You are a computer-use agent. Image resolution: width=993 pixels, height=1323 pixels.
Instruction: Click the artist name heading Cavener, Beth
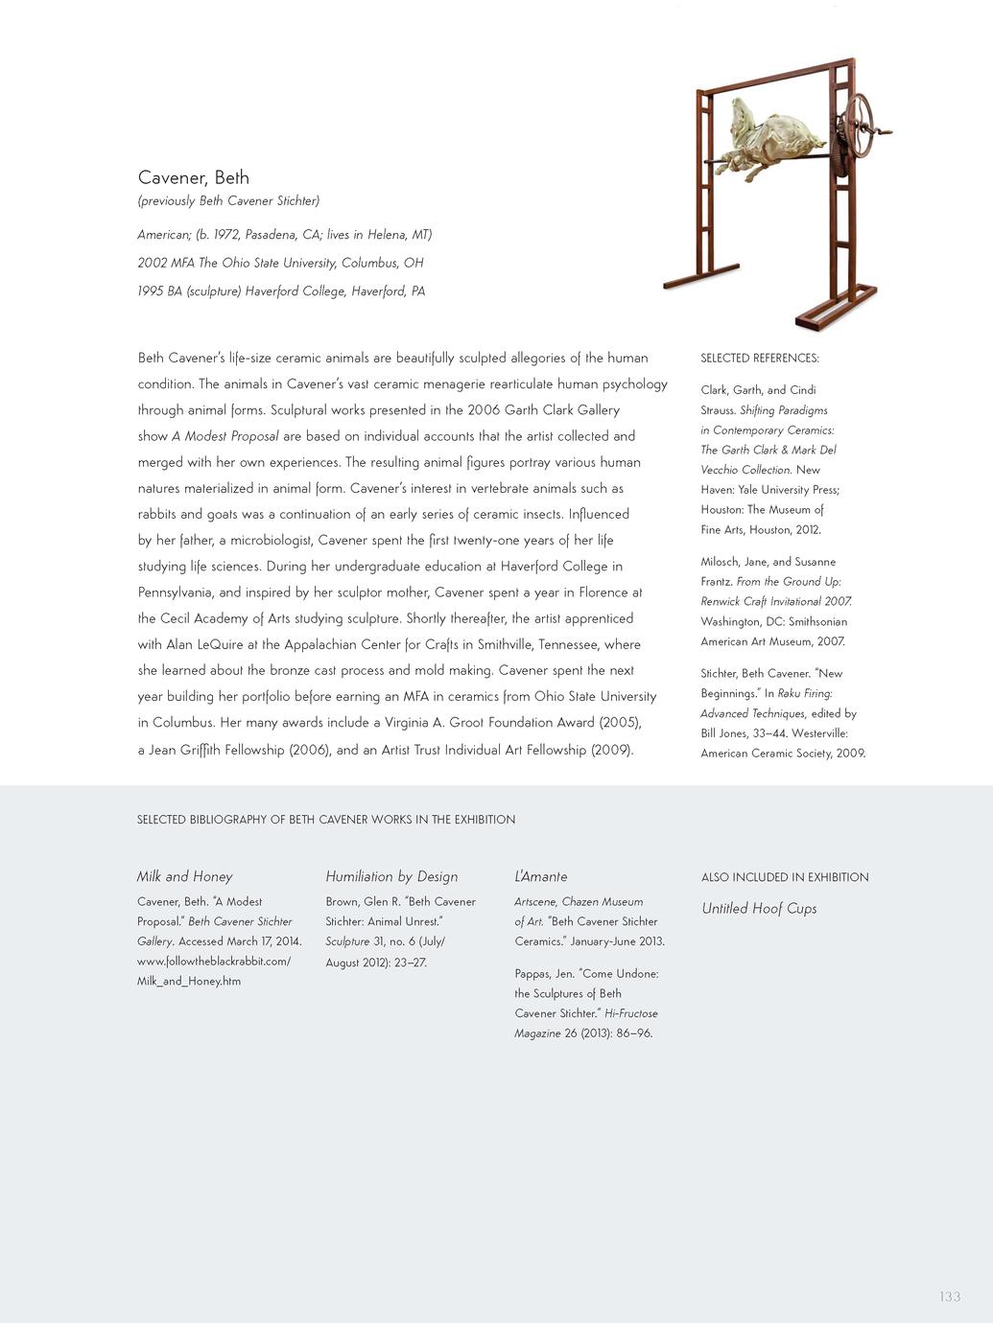coord(194,177)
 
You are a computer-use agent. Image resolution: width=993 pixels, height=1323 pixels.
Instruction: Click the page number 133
coord(950,1296)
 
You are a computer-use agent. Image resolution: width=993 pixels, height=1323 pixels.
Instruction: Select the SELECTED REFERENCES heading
coord(760,359)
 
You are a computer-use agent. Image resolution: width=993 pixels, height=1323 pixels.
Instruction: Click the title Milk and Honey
coord(185,876)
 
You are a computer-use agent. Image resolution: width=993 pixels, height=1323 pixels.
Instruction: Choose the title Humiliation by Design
coord(391,876)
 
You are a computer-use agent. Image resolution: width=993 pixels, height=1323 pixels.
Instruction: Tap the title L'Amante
coord(541,876)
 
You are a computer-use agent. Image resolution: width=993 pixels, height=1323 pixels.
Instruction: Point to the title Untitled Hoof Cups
coord(759,909)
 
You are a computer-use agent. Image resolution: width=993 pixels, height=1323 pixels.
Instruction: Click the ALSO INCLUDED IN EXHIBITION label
coord(785,877)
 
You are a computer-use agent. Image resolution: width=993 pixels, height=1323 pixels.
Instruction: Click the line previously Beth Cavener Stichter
coord(228,201)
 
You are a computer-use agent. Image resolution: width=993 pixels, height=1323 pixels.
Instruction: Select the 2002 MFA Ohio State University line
coord(280,263)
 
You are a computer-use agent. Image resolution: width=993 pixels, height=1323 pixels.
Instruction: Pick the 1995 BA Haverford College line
coord(281,291)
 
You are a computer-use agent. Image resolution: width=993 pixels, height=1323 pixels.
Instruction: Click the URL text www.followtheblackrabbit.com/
coord(214,962)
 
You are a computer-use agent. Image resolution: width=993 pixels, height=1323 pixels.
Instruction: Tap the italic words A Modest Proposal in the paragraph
coord(225,436)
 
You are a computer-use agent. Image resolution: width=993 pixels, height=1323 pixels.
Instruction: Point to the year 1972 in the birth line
coord(226,235)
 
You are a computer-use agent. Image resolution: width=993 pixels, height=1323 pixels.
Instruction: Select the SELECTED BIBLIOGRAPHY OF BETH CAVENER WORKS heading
coord(326,820)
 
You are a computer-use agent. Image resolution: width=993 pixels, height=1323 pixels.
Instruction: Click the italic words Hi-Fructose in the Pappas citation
coord(631,1013)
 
